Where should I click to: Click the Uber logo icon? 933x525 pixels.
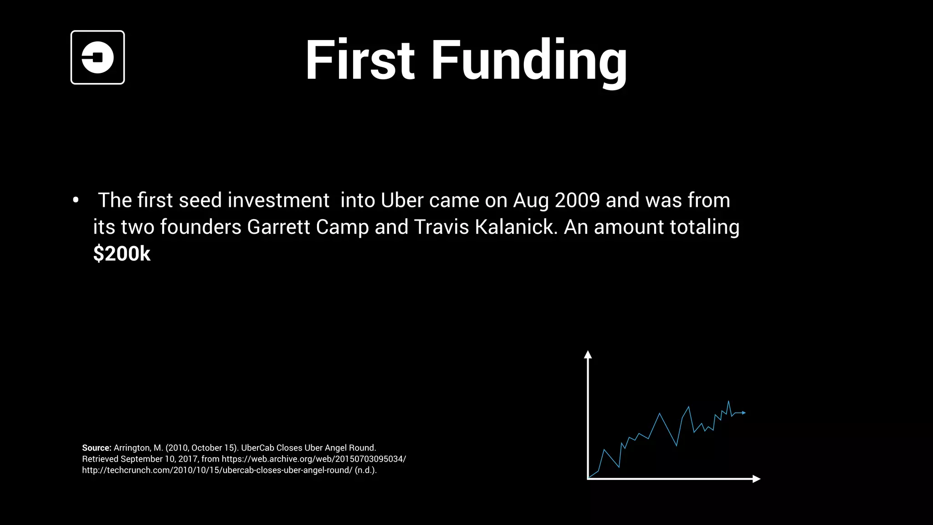pos(97,57)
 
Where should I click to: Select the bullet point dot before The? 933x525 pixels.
pos(76,201)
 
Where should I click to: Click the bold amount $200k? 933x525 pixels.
pos(122,254)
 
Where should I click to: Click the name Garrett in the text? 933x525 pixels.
pos(278,227)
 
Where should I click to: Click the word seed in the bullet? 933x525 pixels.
pos(200,201)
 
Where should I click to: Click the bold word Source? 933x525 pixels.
pos(96,448)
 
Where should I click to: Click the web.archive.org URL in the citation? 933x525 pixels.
pos(313,459)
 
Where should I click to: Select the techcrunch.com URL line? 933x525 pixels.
pos(217,470)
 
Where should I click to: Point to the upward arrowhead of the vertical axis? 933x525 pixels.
pos(588,354)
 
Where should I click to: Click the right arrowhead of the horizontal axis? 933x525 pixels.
pos(757,479)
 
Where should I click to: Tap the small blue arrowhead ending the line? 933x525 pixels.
pos(744,413)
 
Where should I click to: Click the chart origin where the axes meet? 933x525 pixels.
pos(588,479)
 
